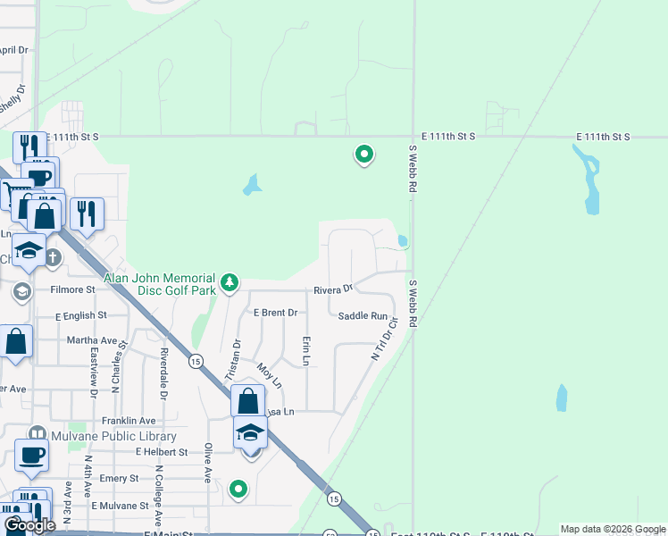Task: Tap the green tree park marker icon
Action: coord(230,282)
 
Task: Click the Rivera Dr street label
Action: coord(333,289)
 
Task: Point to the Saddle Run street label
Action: coord(363,316)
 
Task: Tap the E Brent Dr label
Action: coord(275,313)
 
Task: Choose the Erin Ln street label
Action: coord(306,351)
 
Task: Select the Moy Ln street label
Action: coord(269,376)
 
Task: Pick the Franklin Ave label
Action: coord(129,421)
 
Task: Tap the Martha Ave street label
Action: coord(92,340)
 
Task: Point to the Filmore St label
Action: coord(72,289)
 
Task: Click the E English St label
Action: coord(80,315)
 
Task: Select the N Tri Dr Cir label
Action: coord(383,340)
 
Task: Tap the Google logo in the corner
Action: coord(29,525)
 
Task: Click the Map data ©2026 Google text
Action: coord(613,529)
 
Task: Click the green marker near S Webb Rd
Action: coord(364,155)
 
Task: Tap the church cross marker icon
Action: coord(54,258)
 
